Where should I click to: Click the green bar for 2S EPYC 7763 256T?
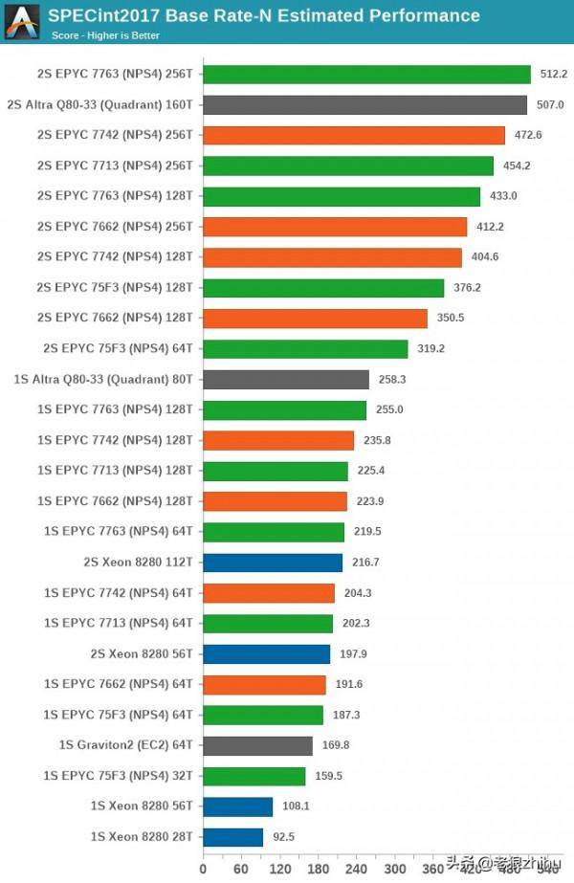tap(366, 75)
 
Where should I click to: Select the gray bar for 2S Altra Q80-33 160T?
tap(364, 105)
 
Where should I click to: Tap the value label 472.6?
tap(527, 135)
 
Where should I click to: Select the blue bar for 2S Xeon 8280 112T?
tap(273, 563)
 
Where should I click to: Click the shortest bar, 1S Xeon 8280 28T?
tap(232, 837)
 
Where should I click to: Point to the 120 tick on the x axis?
tap(280, 870)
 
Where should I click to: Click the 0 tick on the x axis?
tap(203, 870)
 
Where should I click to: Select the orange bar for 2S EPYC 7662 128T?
tap(315, 319)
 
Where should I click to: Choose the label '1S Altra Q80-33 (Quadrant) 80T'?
tap(103, 380)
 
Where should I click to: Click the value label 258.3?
tap(391, 380)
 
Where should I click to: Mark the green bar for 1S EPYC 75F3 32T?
tap(254, 776)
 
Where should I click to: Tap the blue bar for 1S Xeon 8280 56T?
tap(237, 806)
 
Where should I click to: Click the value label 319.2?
tap(430, 349)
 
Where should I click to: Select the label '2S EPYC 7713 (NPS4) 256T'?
tap(115, 166)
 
